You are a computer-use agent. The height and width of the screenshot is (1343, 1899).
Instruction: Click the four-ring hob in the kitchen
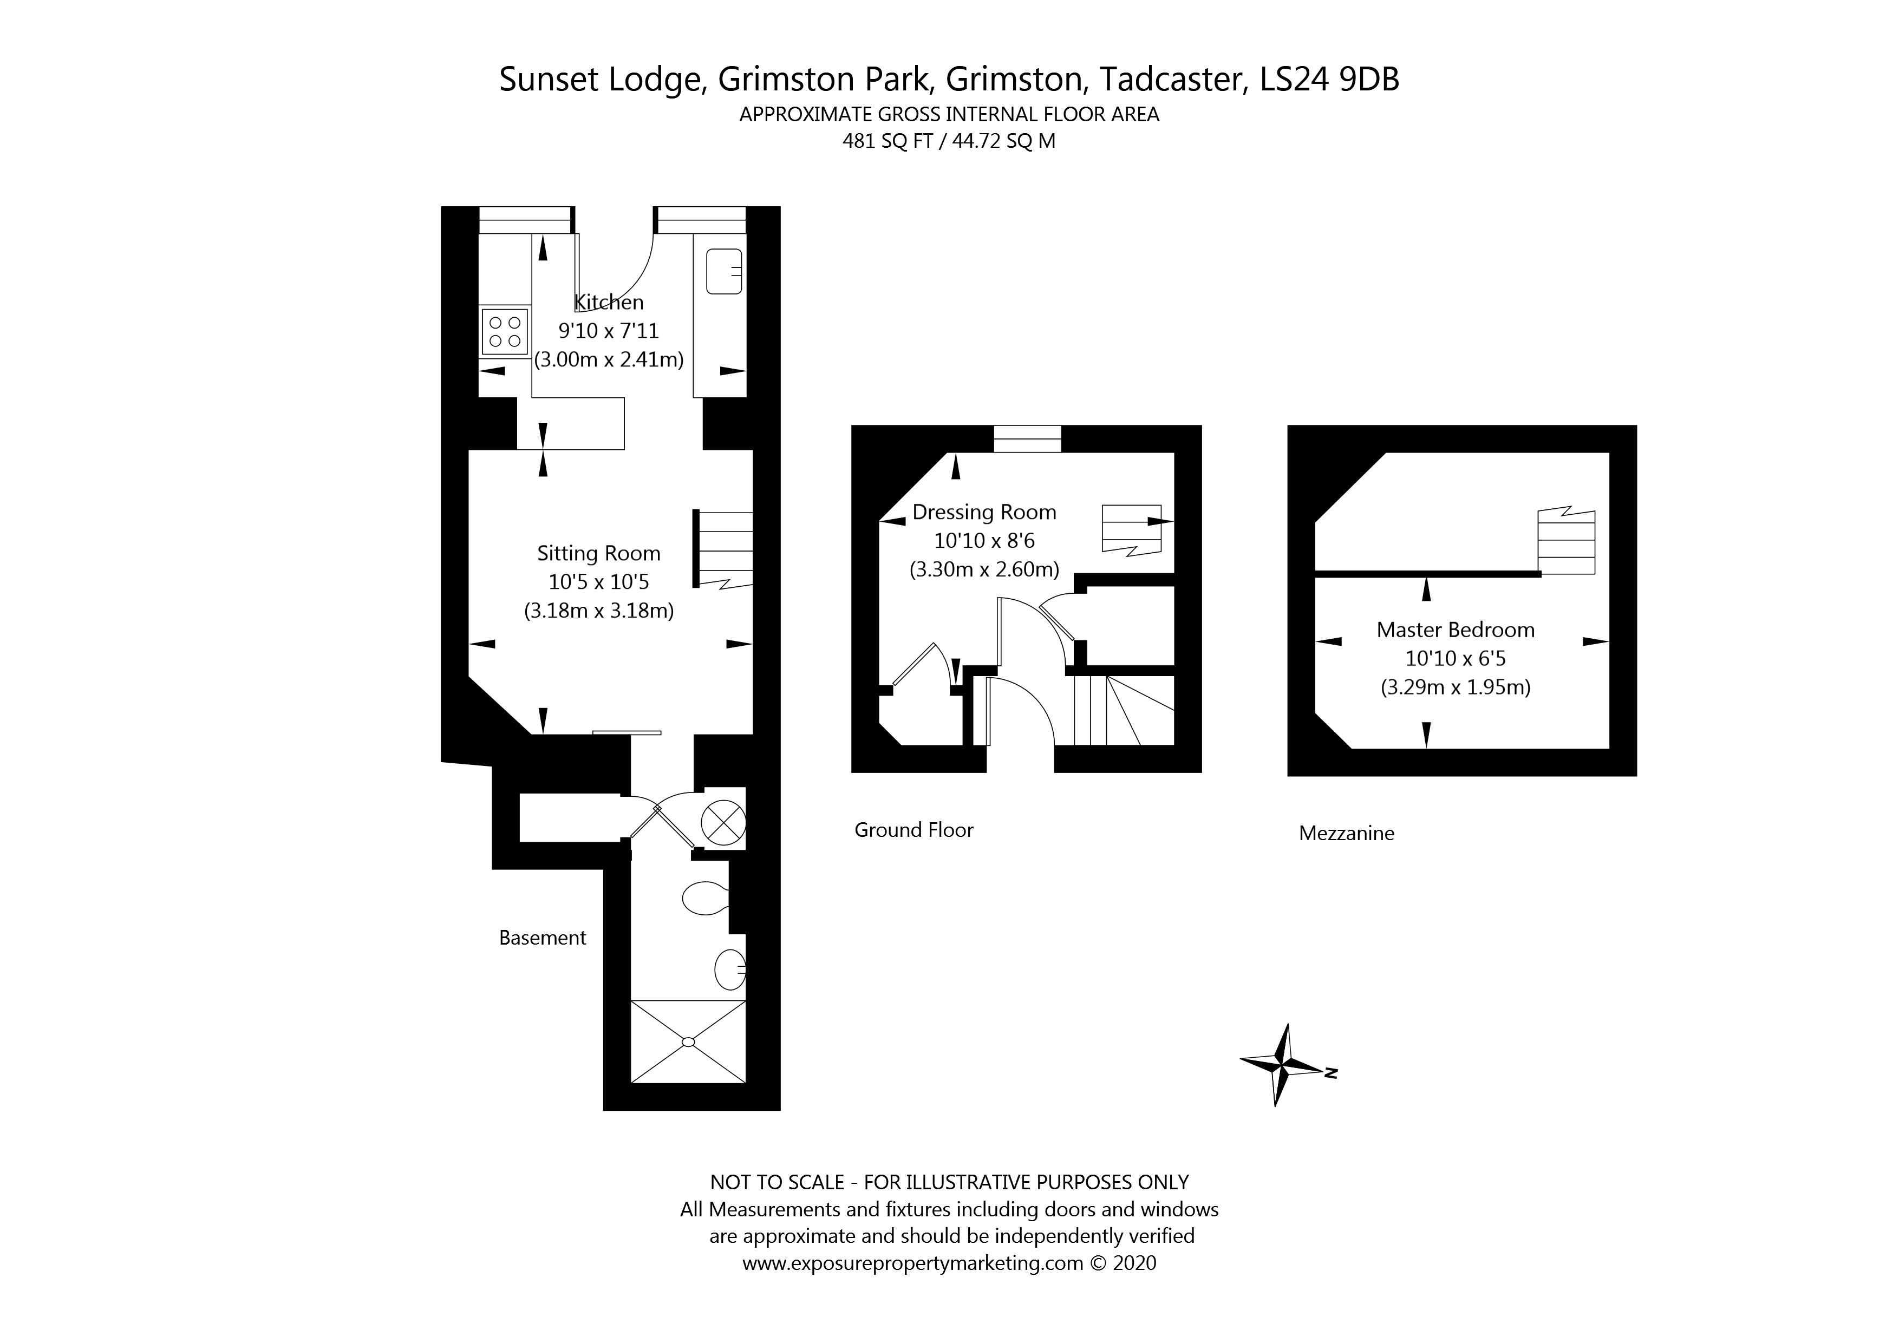(x=505, y=332)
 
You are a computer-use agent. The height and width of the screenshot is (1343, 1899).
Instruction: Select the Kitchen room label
(x=609, y=302)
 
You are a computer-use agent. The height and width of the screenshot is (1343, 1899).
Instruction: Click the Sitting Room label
(x=599, y=553)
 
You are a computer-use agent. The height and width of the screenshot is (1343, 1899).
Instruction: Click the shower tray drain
(x=688, y=1042)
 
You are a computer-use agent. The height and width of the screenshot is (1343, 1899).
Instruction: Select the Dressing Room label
(x=984, y=512)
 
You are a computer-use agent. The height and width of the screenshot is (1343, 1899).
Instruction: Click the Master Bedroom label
(x=1455, y=630)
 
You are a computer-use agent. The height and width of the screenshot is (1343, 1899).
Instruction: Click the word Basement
(x=543, y=938)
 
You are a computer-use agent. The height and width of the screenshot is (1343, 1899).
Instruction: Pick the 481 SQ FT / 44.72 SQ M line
(x=949, y=141)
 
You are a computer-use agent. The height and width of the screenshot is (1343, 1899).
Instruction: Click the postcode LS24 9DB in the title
(x=1329, y=80)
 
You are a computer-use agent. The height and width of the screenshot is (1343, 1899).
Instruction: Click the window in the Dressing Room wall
(x=1027, y=438)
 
